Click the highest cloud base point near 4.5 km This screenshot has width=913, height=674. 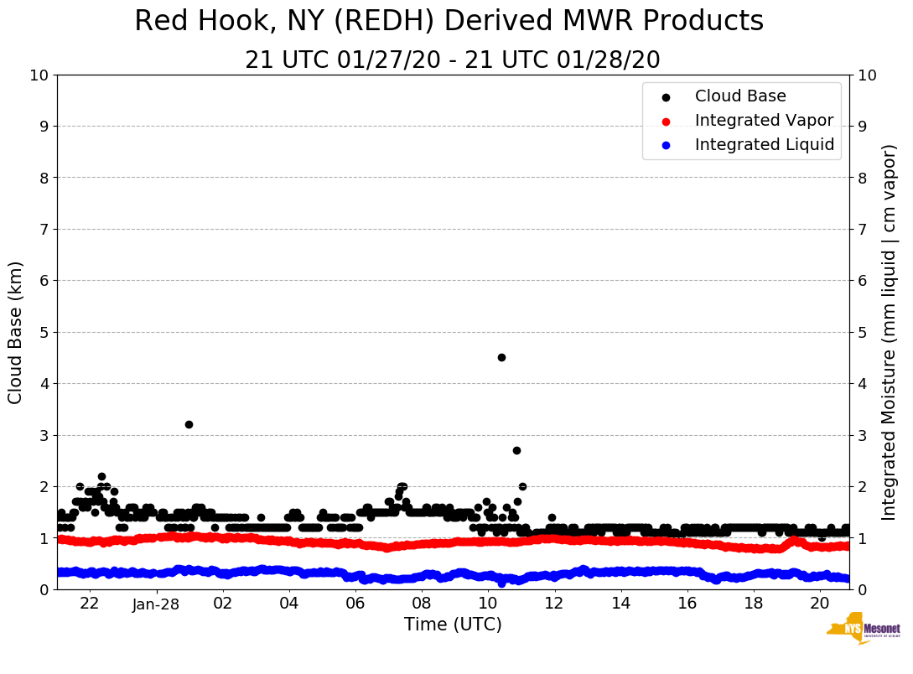click(x=501, y=357)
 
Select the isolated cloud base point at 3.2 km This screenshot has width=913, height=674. click(x=189, y=424)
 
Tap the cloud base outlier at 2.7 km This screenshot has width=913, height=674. click(x=516, y=450)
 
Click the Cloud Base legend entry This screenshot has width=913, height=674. click(x=740, y=96)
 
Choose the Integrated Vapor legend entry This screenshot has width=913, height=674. click(x=764, y=121)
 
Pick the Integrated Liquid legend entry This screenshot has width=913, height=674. click(x=764, y=145)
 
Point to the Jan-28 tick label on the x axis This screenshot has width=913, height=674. click(x=157, y=604)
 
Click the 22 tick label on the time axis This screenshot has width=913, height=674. click(x=90, y=604)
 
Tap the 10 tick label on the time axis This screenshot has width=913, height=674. click(x=488, y=604)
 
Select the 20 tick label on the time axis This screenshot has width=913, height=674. click(x=820, y=604)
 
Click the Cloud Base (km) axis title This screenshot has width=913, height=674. click(x=16, y=332)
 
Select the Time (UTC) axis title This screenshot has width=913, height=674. click(x=453, y=625)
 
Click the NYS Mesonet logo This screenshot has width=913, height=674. click(x=863, y=631)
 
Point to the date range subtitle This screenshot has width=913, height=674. click(x=453, y=60)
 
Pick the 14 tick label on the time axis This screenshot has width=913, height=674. click(x=620, y=604)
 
